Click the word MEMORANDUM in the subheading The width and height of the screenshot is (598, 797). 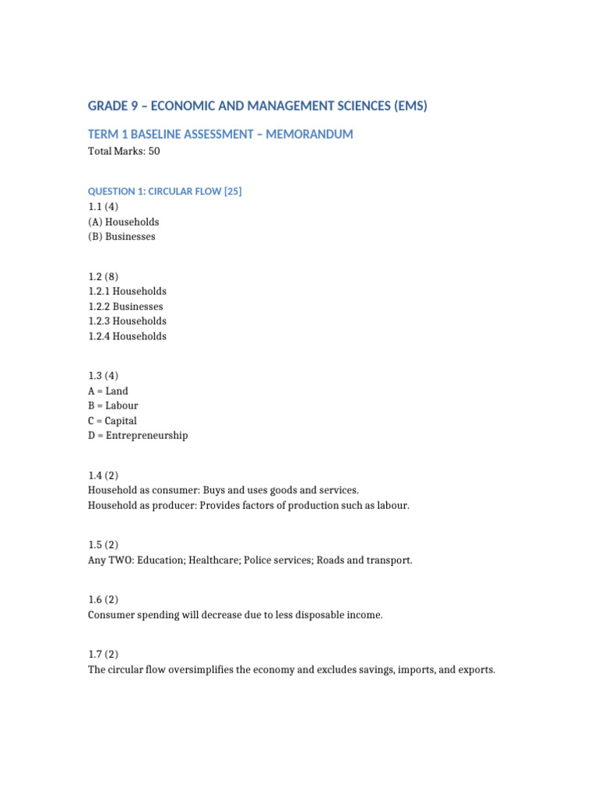coord(309,134)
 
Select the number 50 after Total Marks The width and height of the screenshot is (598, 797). coord(153,151)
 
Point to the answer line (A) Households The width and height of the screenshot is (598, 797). coord(124,222)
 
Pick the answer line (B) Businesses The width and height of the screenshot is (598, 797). coord(121,237)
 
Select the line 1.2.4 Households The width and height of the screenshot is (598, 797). coord(127,336)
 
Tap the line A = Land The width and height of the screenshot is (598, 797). coord(108,391)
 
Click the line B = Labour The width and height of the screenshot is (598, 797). coord(113,406)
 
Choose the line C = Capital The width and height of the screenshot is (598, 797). coord(112,421)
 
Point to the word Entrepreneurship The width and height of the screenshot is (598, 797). coord(146,436)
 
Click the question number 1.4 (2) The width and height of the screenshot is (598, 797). coord(104,476)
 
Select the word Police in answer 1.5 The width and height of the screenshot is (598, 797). coord(267,560)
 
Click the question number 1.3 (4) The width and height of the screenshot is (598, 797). coord(104,375)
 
